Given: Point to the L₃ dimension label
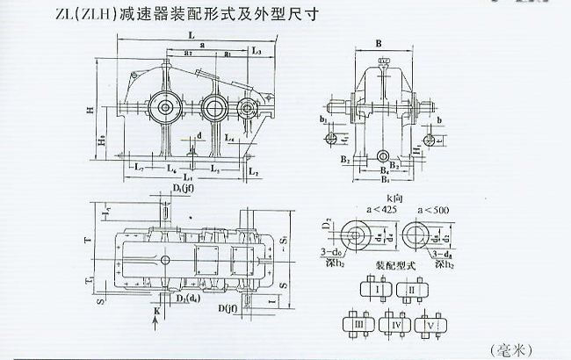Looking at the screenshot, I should pos(255,53).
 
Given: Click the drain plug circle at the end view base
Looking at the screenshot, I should pos(382,155).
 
